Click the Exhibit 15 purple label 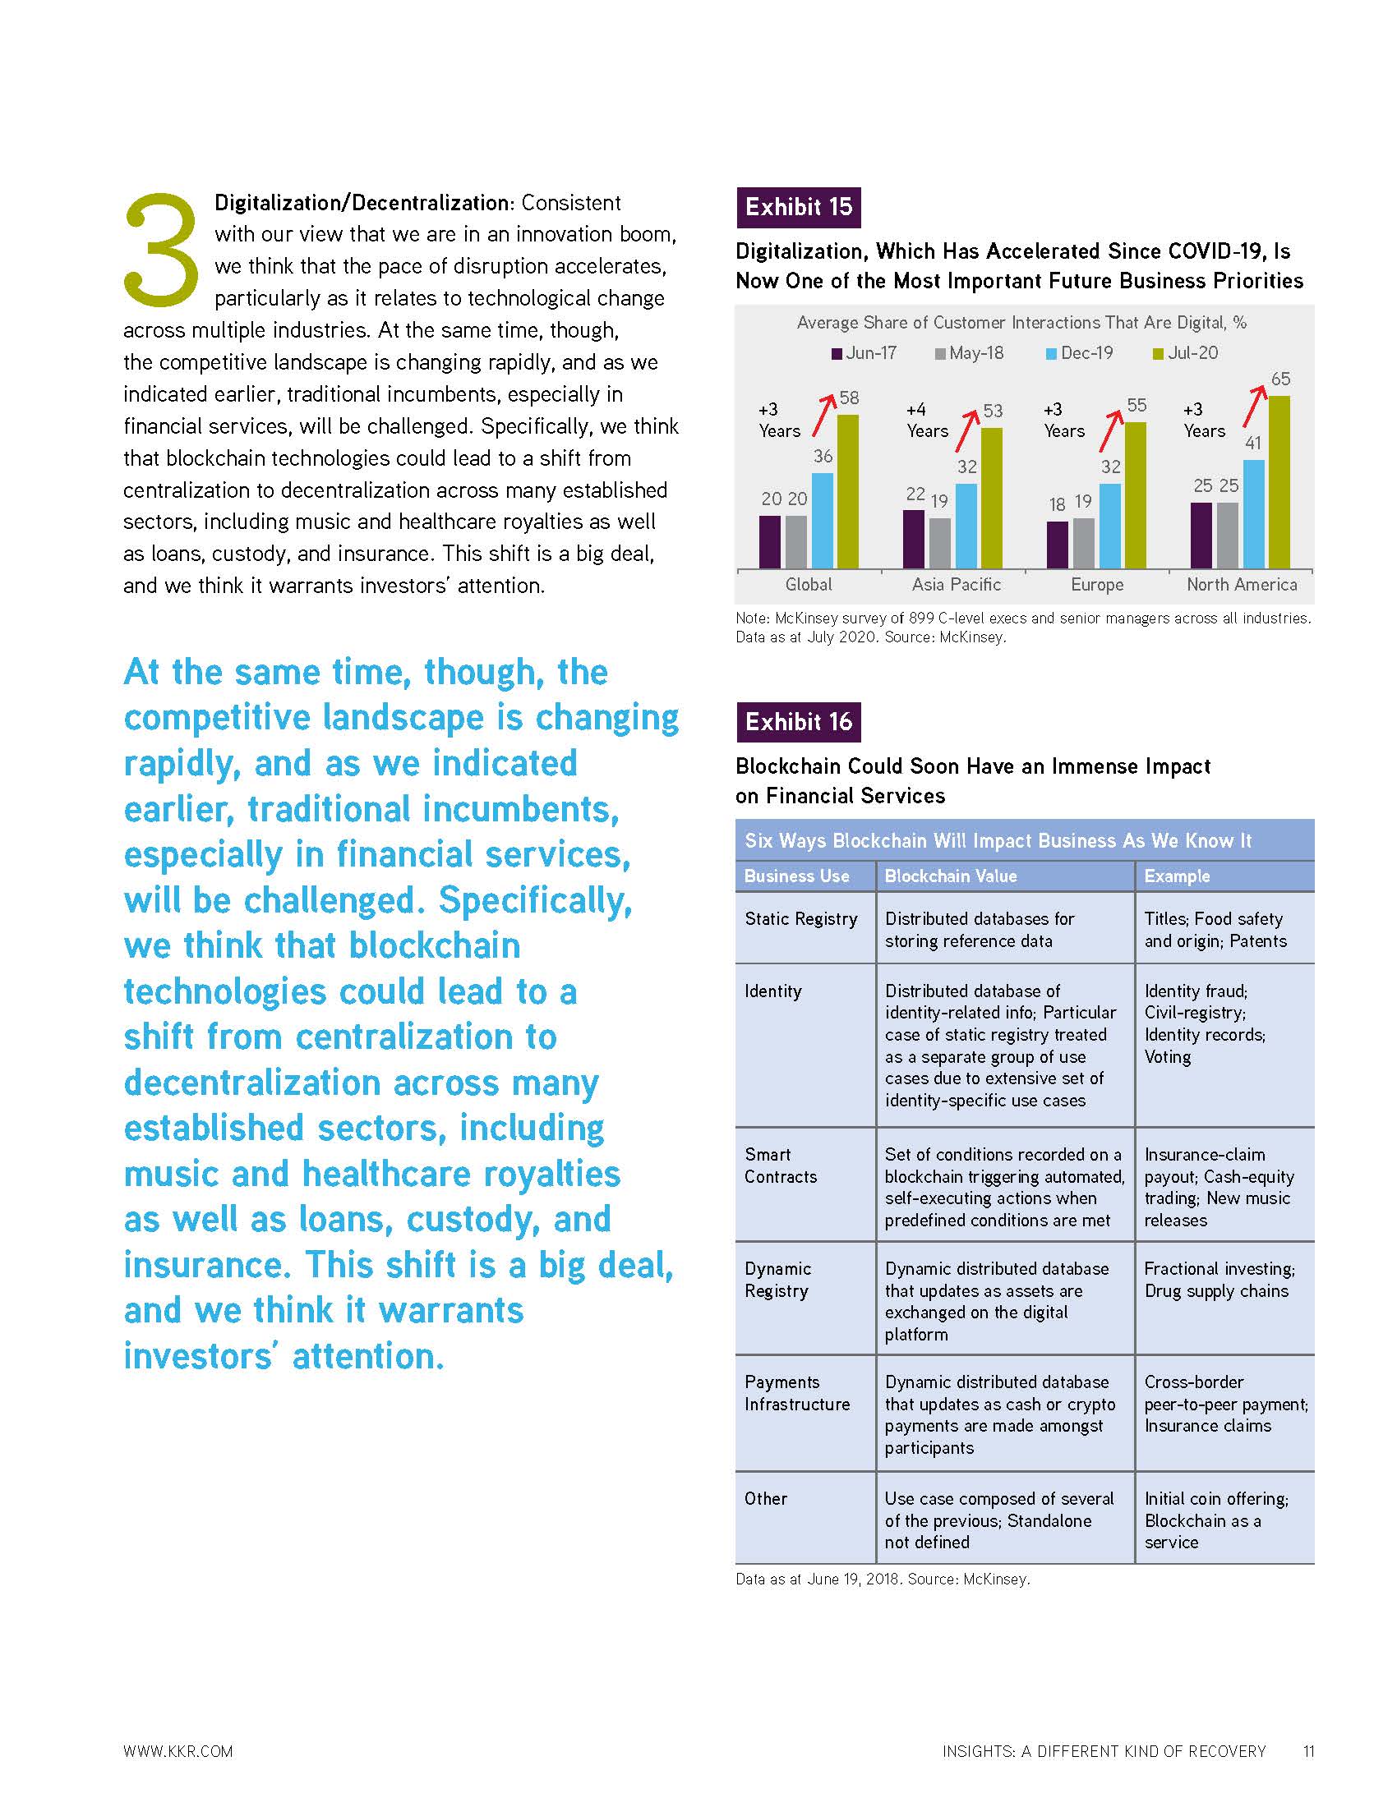coord(798,207)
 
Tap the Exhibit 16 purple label coord(798,722)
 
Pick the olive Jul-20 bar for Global coord(847,491)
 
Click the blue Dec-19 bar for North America coord(1253,514)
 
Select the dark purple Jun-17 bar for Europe coord(1057,545)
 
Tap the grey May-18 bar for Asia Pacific coord(939,543)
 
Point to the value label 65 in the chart coord(1279,379)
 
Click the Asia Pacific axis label coord(956,585)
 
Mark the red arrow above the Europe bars coord(1111,430)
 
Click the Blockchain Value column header coord(950,876)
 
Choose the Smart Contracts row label coord(780,1165)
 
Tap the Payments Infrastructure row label coord(796,1392)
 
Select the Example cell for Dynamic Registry coord(1219,1279)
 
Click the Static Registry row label coord(800,918)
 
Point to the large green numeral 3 coord(161,248)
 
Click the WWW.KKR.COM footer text coord(178,1751)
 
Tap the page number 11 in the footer coord(1308,1751)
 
